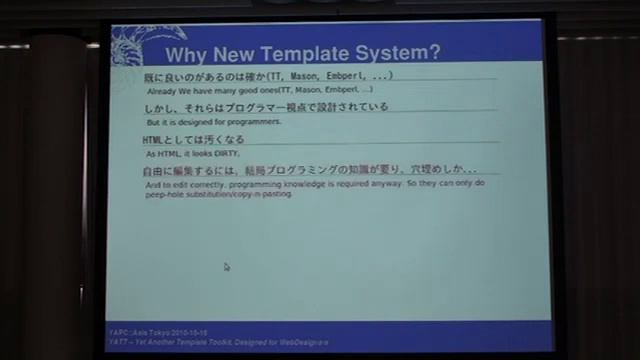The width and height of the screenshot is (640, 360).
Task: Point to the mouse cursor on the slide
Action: [227, 267]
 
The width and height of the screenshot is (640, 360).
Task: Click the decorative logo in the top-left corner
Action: [135, 46]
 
